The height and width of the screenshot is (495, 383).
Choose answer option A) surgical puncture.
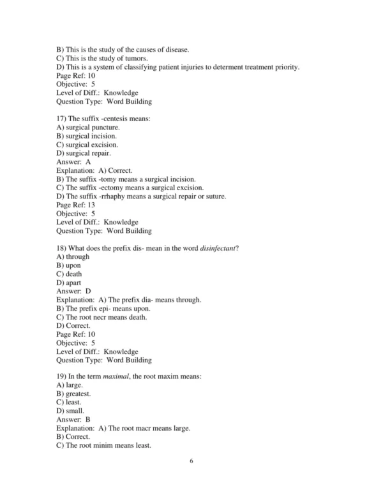[x=88, y=128]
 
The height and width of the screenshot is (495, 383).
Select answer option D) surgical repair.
[x=84, y=153]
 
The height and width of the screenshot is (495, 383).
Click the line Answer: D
[x=73, y=291]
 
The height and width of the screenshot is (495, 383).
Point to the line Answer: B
[x=73, y=420]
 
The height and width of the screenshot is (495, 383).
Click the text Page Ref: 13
[x=76, y=205]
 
